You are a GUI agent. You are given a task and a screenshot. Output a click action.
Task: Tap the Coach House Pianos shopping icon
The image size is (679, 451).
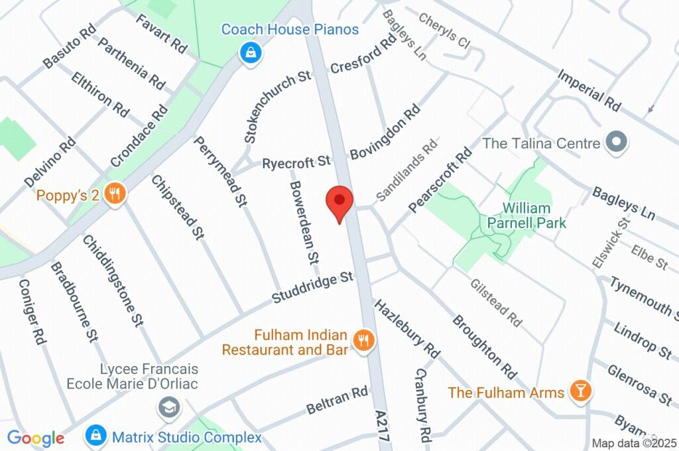pyautogui.click(x=250, y=52)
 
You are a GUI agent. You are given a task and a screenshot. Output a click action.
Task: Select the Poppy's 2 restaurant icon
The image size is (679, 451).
pyautogui.click(x=115, y=194)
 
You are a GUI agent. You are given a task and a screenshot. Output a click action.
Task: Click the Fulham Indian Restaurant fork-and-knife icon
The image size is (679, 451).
pyautogui.click(x=363, y=341)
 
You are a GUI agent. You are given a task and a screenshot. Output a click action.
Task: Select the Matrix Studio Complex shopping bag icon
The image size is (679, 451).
pyautogui.click(x=96, y=436)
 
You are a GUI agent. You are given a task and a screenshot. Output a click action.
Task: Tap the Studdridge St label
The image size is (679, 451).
pyautogui.click(x=312, y=288)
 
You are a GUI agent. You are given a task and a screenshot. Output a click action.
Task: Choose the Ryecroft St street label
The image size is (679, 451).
pyautogui.click(x=296, y=162)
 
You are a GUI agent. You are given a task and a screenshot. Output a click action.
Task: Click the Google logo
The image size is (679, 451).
pyautogui.click(x=36, y=438)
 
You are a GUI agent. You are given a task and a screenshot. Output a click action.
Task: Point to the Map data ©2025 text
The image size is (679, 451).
pyautogui.click(x=633, y=443)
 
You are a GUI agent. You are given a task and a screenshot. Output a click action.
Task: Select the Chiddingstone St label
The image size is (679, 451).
pyautogui.click(x=113, y=279)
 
